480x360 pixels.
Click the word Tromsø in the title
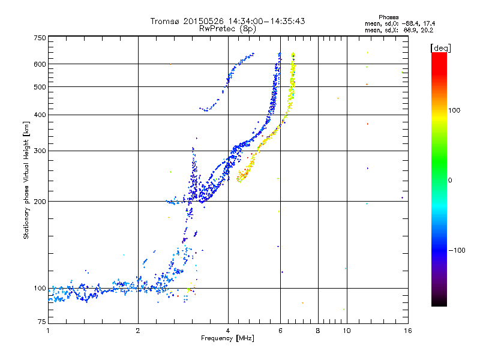(x=165, y=21)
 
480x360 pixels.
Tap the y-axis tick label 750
(x=40, y=37)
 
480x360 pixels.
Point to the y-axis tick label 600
(x=40, y=64)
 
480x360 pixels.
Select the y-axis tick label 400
(x=40, y=115)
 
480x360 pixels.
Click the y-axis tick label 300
(x=40, y=151)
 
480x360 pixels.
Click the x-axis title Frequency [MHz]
(x=228, y=339)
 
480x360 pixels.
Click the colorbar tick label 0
(x=451, y=180)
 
